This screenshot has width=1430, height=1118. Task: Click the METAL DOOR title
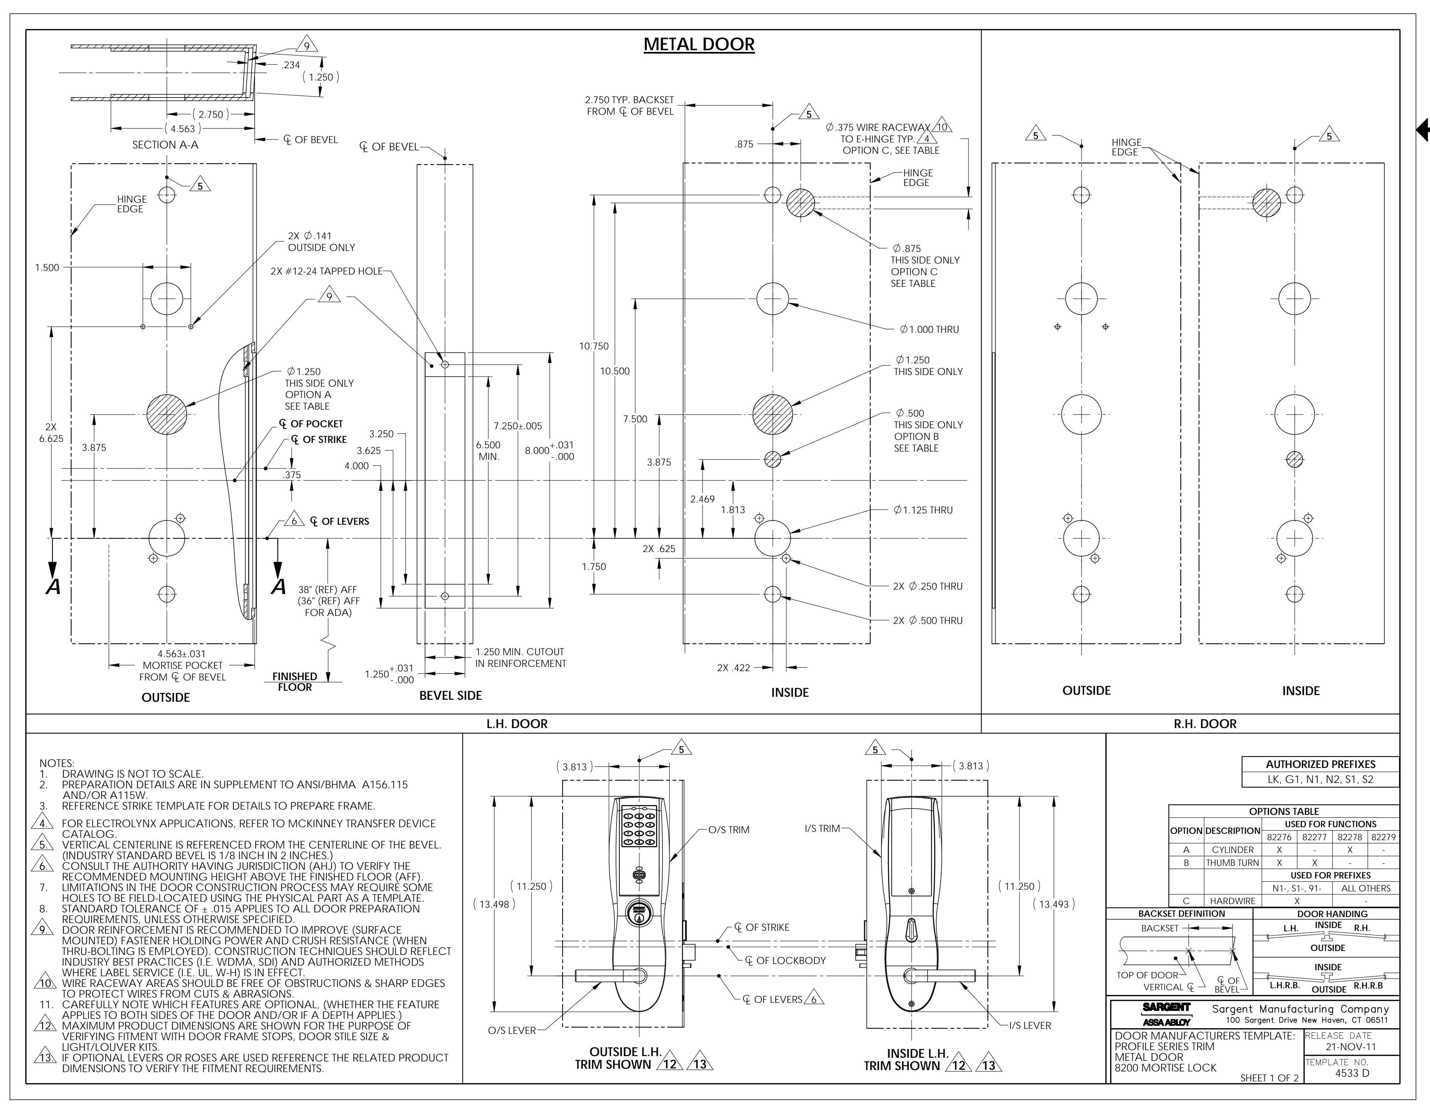pos(699,45)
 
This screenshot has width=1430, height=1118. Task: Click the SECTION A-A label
pos(165,145)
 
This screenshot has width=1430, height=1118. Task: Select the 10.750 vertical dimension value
pos(594,346)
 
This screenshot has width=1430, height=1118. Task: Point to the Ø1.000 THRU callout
pos(929,329)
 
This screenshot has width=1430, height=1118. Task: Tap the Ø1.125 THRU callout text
pos(923,510)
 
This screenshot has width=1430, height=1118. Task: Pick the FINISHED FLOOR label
pos(295,681)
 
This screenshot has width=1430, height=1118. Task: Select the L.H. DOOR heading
pos(517,724)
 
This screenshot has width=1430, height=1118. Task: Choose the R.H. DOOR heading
pos(1205,724)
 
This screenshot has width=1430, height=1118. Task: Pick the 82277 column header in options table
pos(1314,837)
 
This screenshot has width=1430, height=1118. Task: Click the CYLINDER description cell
pos(1232,849)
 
